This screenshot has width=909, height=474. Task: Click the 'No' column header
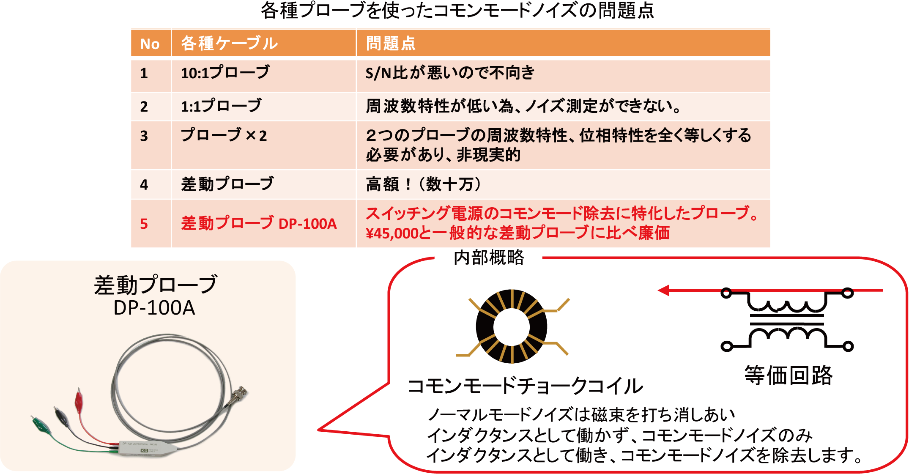coord(150,44)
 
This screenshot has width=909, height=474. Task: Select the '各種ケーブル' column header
coord(230,43)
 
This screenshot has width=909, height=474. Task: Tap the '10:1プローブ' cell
coord(225,73)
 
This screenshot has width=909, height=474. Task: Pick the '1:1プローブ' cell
coord(221,106)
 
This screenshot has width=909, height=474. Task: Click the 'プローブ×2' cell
coord(224,135)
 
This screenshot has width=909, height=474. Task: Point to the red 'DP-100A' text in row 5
coord(308,224)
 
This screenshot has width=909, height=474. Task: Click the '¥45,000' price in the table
coord(392,233)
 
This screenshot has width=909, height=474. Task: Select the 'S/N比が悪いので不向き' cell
coord(450,73)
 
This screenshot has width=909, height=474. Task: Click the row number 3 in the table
coord(144,136)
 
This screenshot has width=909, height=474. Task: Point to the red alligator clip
coord(79,400)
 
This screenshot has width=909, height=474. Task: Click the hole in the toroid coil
coord(512,327)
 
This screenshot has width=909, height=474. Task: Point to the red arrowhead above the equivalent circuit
coord(663,290)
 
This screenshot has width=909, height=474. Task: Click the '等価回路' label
coord(789,375)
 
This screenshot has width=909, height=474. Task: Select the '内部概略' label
coord(489,258)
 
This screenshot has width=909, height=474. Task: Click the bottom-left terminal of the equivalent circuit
coord(726,347)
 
